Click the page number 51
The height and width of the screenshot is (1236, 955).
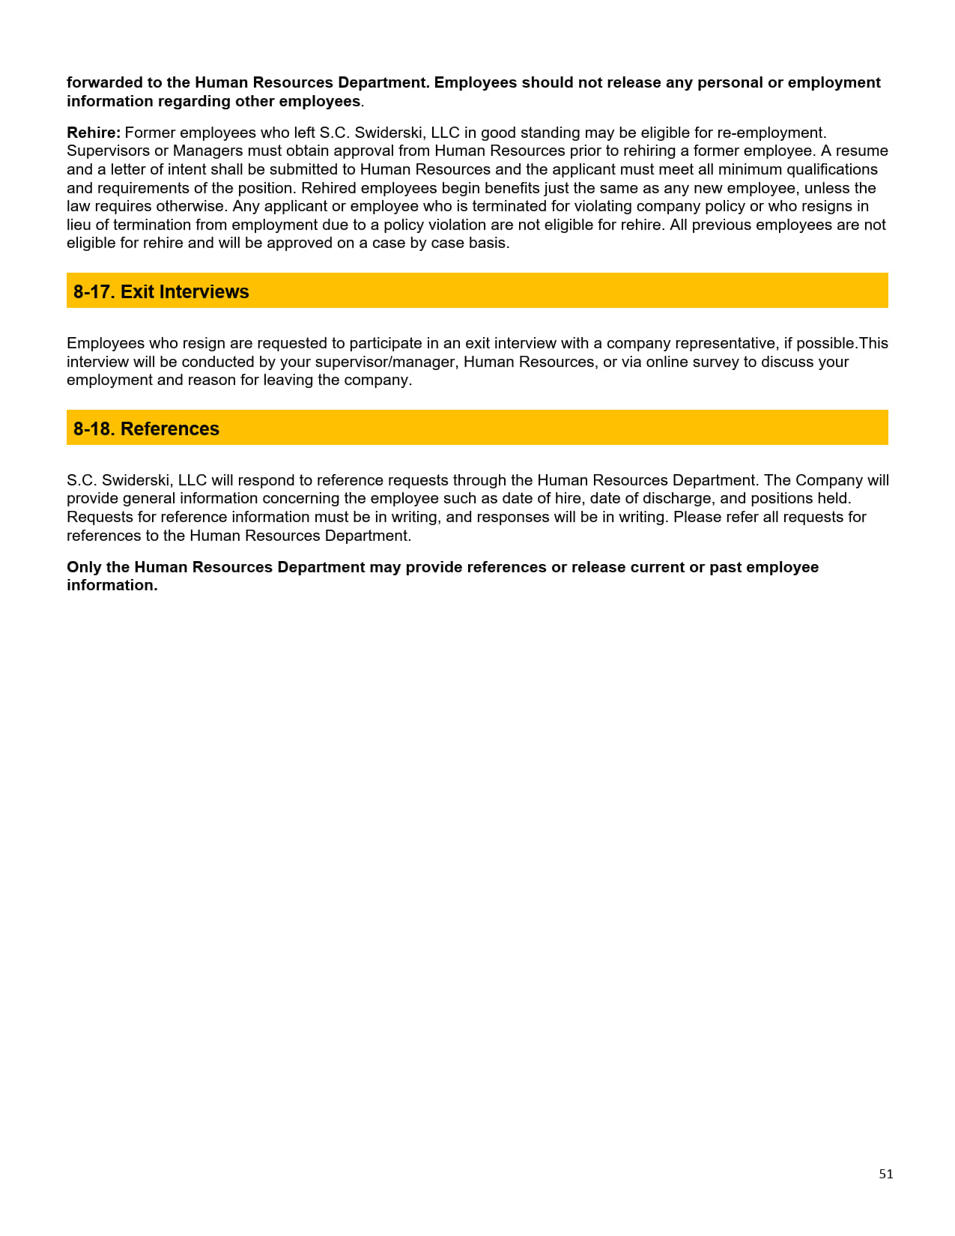885,1174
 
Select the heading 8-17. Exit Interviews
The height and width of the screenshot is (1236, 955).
161,291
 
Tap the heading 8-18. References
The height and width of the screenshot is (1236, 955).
146,428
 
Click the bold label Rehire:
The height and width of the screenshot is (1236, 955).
94,133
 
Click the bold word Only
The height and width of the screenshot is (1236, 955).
84,567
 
